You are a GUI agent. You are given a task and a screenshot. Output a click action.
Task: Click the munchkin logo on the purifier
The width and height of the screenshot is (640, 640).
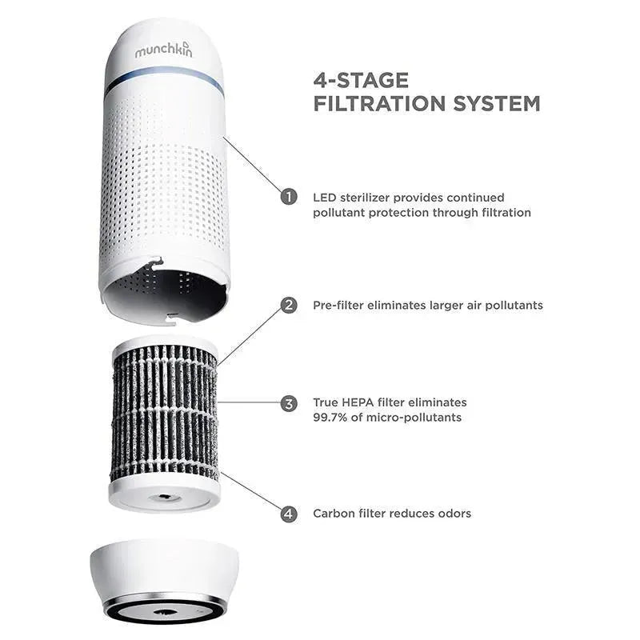164,50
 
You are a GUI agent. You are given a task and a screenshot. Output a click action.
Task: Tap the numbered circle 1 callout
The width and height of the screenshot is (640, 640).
289,197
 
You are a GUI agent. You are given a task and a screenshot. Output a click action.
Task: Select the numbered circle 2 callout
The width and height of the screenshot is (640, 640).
289,305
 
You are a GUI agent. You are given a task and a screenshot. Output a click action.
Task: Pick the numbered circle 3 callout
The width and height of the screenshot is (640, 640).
289,404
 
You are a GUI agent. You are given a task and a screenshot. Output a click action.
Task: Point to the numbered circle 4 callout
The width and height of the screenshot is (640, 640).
289,514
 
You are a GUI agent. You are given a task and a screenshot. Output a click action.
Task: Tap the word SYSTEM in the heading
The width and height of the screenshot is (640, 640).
497,103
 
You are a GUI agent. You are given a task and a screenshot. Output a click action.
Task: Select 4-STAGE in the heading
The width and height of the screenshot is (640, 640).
361,80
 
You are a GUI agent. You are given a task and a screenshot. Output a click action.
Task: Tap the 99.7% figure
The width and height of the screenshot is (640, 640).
330,418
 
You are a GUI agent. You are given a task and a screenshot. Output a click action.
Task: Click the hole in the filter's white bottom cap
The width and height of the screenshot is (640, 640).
165,497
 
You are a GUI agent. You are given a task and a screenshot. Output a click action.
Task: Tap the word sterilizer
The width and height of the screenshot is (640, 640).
365,198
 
